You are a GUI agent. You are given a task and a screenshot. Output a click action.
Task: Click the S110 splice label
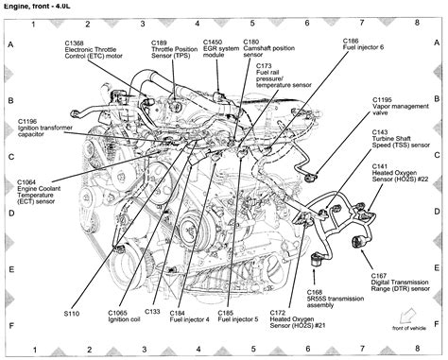tap(72, 310)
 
